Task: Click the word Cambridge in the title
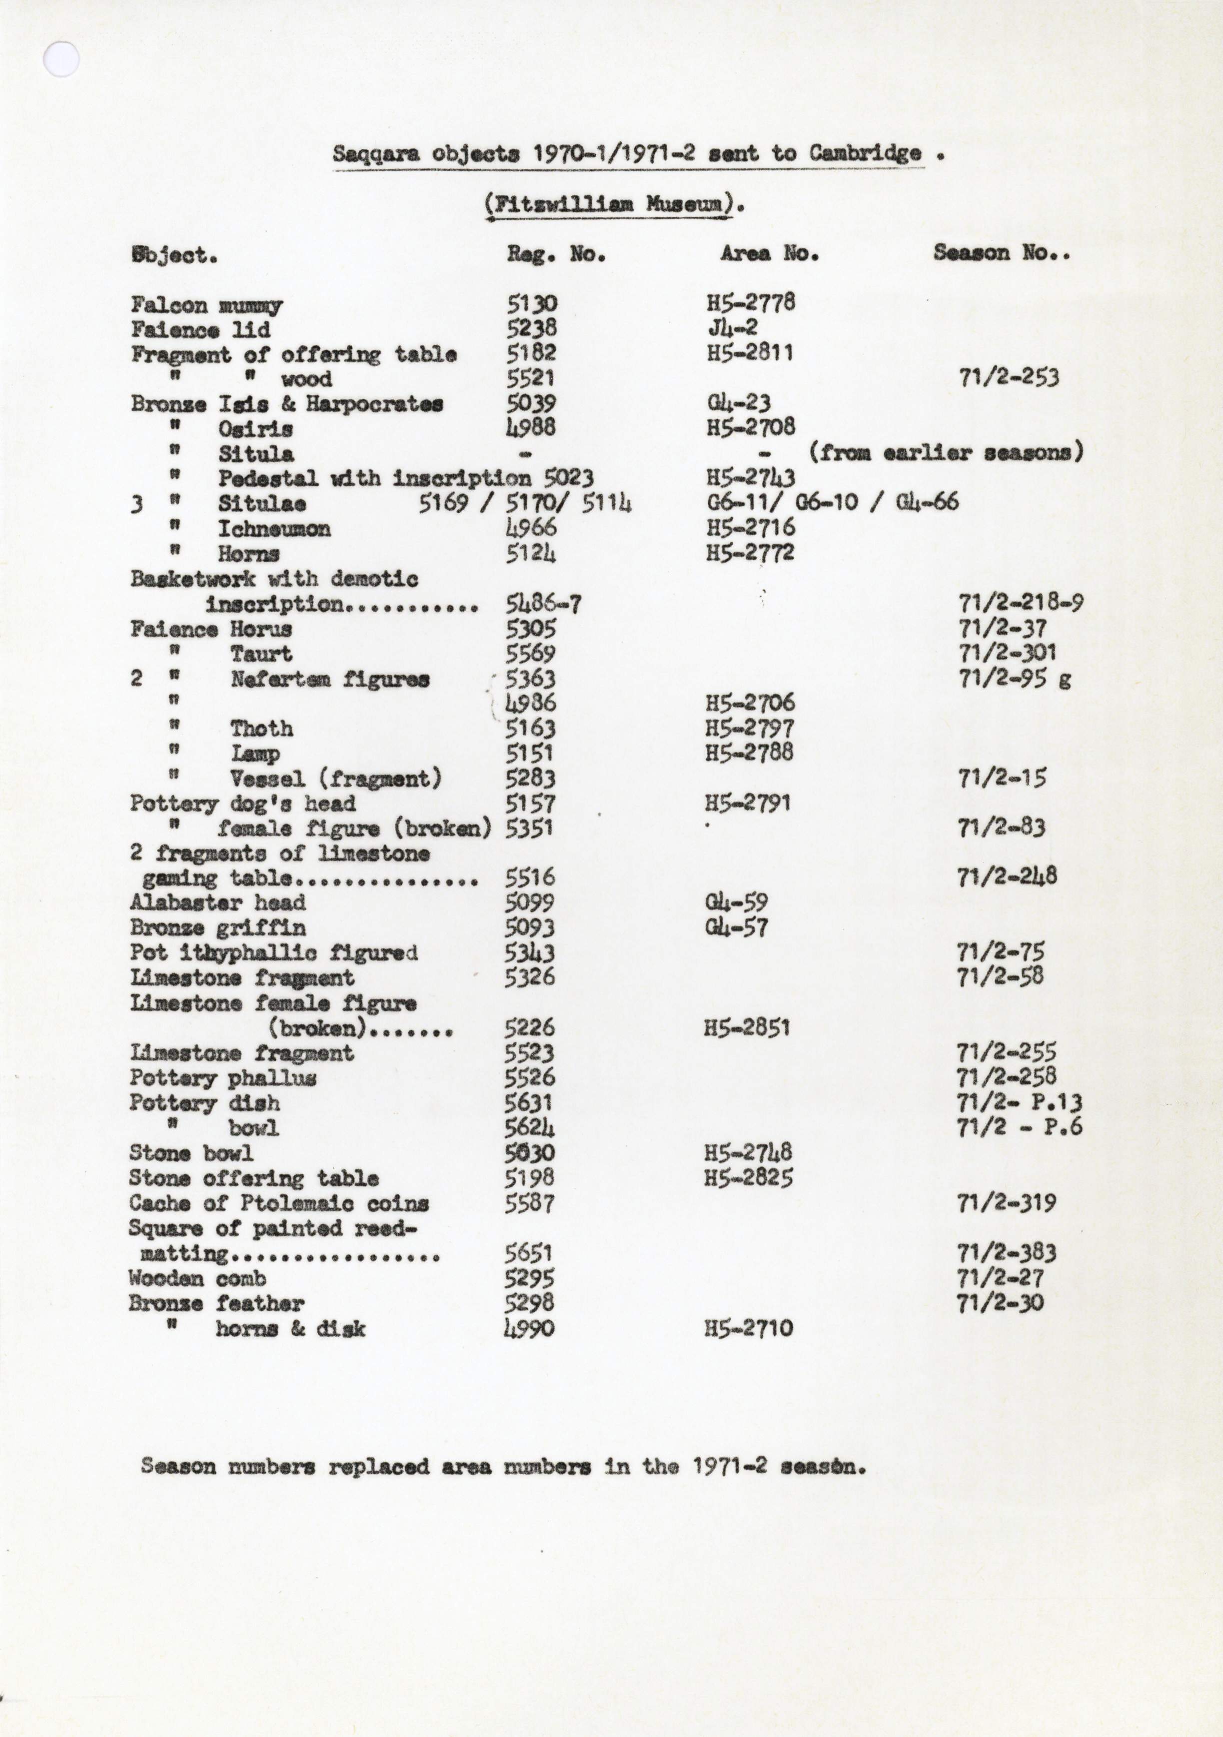pyautogui.click(x=865, y=153)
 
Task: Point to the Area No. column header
pyautogui.click(x=769, y=253)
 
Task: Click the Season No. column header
pyautogui.click(x=1001, y=253)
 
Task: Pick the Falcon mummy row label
pyautogui.click(x=206, y=306)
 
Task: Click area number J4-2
pyautogui.click(x=732, y=328)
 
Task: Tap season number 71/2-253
pyautogui.click(x=1009, y=377)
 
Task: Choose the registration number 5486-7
pyautogui.click(x=543, y=604)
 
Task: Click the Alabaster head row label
pyautogui.click(x=217, y=902)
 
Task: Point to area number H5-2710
pyautogui.click(x=749, y=1328)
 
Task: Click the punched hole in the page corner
pyautogui.click(x=61, y=59)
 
